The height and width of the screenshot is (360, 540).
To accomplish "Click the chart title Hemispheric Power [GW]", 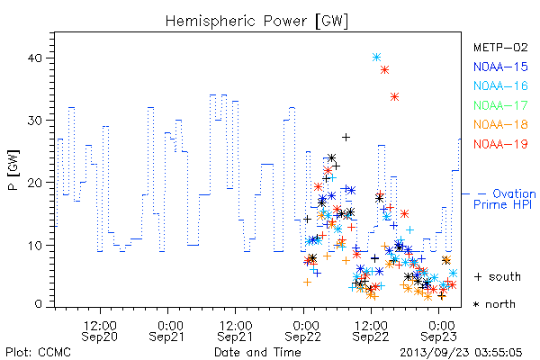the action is (256, 21).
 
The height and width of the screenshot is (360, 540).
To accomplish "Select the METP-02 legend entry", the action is (500, 47).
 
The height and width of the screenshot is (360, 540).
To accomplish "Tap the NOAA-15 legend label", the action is (500, 67).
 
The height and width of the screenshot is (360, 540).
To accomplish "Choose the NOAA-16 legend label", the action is (500, 85).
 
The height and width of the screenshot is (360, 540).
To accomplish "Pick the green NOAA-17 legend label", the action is (500, 105).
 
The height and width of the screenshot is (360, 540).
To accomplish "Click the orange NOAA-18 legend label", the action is (500, 124).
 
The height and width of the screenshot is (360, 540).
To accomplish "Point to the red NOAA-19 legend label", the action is (500, 144).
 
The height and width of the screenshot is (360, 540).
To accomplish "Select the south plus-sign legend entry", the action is (498, 276).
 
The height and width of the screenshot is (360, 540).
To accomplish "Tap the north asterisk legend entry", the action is (494, 304).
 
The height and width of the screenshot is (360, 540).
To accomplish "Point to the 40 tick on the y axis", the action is (35, 58).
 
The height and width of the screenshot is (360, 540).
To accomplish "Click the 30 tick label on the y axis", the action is (35, 121).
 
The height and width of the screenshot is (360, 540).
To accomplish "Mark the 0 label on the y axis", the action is (38, 304).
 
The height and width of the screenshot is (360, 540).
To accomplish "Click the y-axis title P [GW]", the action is (13, 170).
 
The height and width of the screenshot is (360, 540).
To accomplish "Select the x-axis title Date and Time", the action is (257, 352).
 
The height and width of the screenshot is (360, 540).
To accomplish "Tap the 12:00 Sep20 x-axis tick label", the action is (100, 331).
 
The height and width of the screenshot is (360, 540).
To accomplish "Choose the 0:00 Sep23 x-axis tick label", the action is (439, 331).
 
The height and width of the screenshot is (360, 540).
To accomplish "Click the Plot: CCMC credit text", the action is (38, 352).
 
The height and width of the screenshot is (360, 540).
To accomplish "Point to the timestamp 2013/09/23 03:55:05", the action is (461, 353).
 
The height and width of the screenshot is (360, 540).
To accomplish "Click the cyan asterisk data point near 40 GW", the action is (376, 58).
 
